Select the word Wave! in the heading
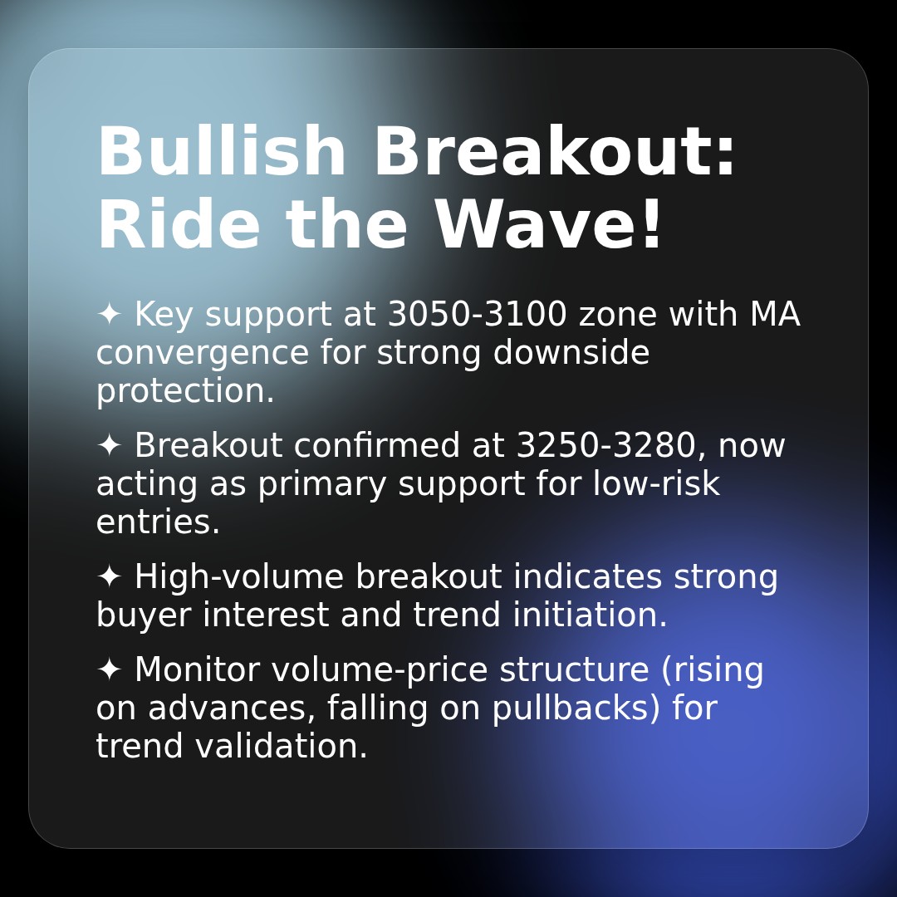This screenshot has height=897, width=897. [x=548, y=226]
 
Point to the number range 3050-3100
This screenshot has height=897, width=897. [x=478, y=315]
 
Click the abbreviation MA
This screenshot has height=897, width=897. [x=774, y=315]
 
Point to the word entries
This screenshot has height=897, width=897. [x=158, y=523]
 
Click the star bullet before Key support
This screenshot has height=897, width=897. [x=109, y=315]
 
